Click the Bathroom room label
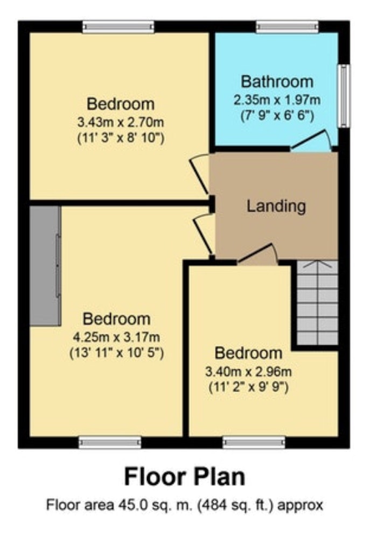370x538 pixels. (277, 82)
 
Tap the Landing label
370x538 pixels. (276, 206)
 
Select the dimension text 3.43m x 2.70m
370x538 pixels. (121, 122)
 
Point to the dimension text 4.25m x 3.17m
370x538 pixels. (116, 337)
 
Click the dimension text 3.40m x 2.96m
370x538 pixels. (248, 371)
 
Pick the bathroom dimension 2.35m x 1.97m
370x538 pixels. (277, 100)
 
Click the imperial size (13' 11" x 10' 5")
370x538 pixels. (116, 353)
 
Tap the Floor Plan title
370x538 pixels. (185, 477)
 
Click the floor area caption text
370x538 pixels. (185, 505)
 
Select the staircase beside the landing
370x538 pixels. (317, 302)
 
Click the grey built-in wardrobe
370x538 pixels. (45, 266)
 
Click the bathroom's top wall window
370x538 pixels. (287, 27)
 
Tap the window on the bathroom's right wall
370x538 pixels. (344, 96)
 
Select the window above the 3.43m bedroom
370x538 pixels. (118, 27)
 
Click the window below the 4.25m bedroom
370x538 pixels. (110, 442)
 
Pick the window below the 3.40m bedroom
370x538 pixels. (254, 442)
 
